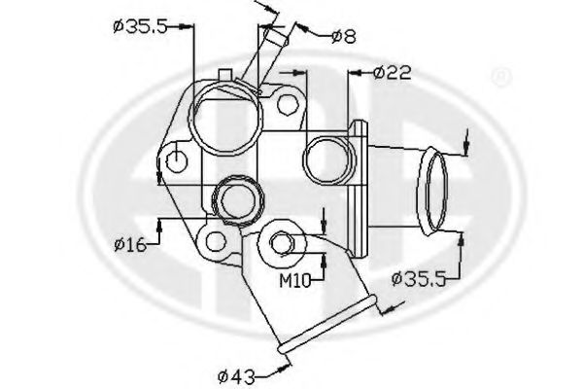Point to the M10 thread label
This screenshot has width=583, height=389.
coord(295,282)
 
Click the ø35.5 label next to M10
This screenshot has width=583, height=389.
coord(419,279)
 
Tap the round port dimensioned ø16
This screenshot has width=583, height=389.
coord(238,200)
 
